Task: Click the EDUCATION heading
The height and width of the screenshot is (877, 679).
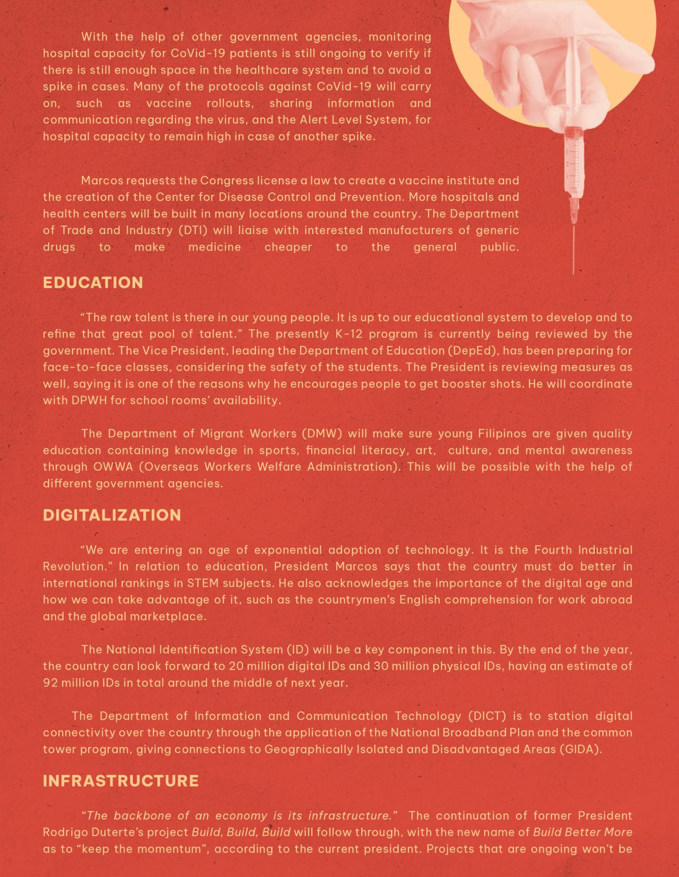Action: pyautogui.click(x=93, y=282)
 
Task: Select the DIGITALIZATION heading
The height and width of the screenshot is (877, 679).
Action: pyautogui.click(x=112, y=515)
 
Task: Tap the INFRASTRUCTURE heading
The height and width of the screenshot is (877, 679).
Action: pyautogui.click(x=121, y=781)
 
